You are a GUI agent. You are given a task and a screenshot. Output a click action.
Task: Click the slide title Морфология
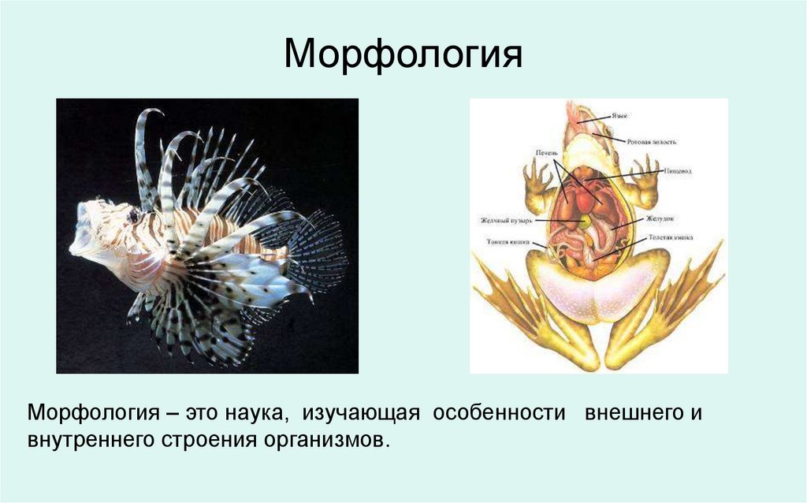coord(403,54)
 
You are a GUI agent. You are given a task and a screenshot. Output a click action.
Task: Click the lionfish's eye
coord(133,214)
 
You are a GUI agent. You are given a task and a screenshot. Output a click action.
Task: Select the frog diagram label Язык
coord(620,116)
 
